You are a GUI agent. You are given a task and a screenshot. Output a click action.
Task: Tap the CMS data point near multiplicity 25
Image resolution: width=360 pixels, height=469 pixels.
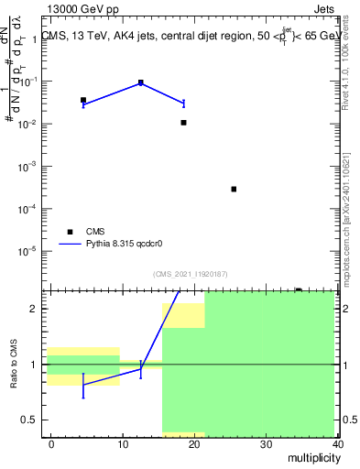[235, 189]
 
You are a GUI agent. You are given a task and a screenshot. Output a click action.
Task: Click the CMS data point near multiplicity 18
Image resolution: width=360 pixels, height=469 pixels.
[183, 122]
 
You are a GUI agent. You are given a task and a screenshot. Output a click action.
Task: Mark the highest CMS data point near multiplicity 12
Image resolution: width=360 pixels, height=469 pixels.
[140, 82]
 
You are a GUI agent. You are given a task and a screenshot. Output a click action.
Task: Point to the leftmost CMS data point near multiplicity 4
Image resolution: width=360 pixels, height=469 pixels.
[83, 100]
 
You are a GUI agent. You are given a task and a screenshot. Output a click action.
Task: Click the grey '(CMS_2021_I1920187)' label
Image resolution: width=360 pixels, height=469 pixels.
[191, 274]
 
